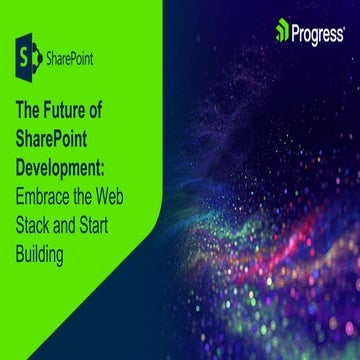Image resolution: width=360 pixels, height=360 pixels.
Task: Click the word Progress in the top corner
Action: [318, 31]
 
